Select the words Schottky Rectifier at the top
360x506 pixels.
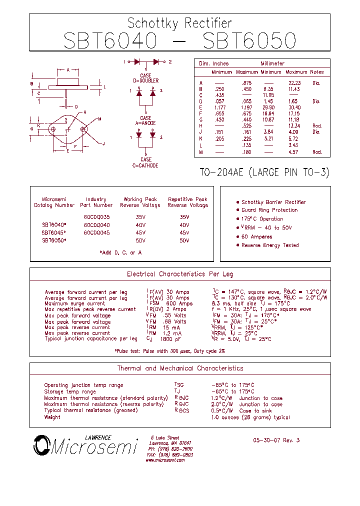(179, 23)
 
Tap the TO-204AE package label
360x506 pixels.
(264, 172)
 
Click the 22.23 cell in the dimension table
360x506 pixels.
(294, 83)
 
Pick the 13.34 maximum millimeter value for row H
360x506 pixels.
(294, 126)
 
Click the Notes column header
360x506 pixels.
(317, 72)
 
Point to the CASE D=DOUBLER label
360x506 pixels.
(145, 78)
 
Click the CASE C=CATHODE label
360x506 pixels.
(145, 162)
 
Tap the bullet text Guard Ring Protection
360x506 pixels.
(269, 210)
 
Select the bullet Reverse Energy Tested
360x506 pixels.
(270, 245)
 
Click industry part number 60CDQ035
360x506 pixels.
(96, 217)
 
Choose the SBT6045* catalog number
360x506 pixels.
(54, 232)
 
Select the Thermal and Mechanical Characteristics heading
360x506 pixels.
(180, 368)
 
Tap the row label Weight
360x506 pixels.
(52, 417)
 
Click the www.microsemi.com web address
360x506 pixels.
(165, 460)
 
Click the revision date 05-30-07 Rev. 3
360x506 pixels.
(276, 440)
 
